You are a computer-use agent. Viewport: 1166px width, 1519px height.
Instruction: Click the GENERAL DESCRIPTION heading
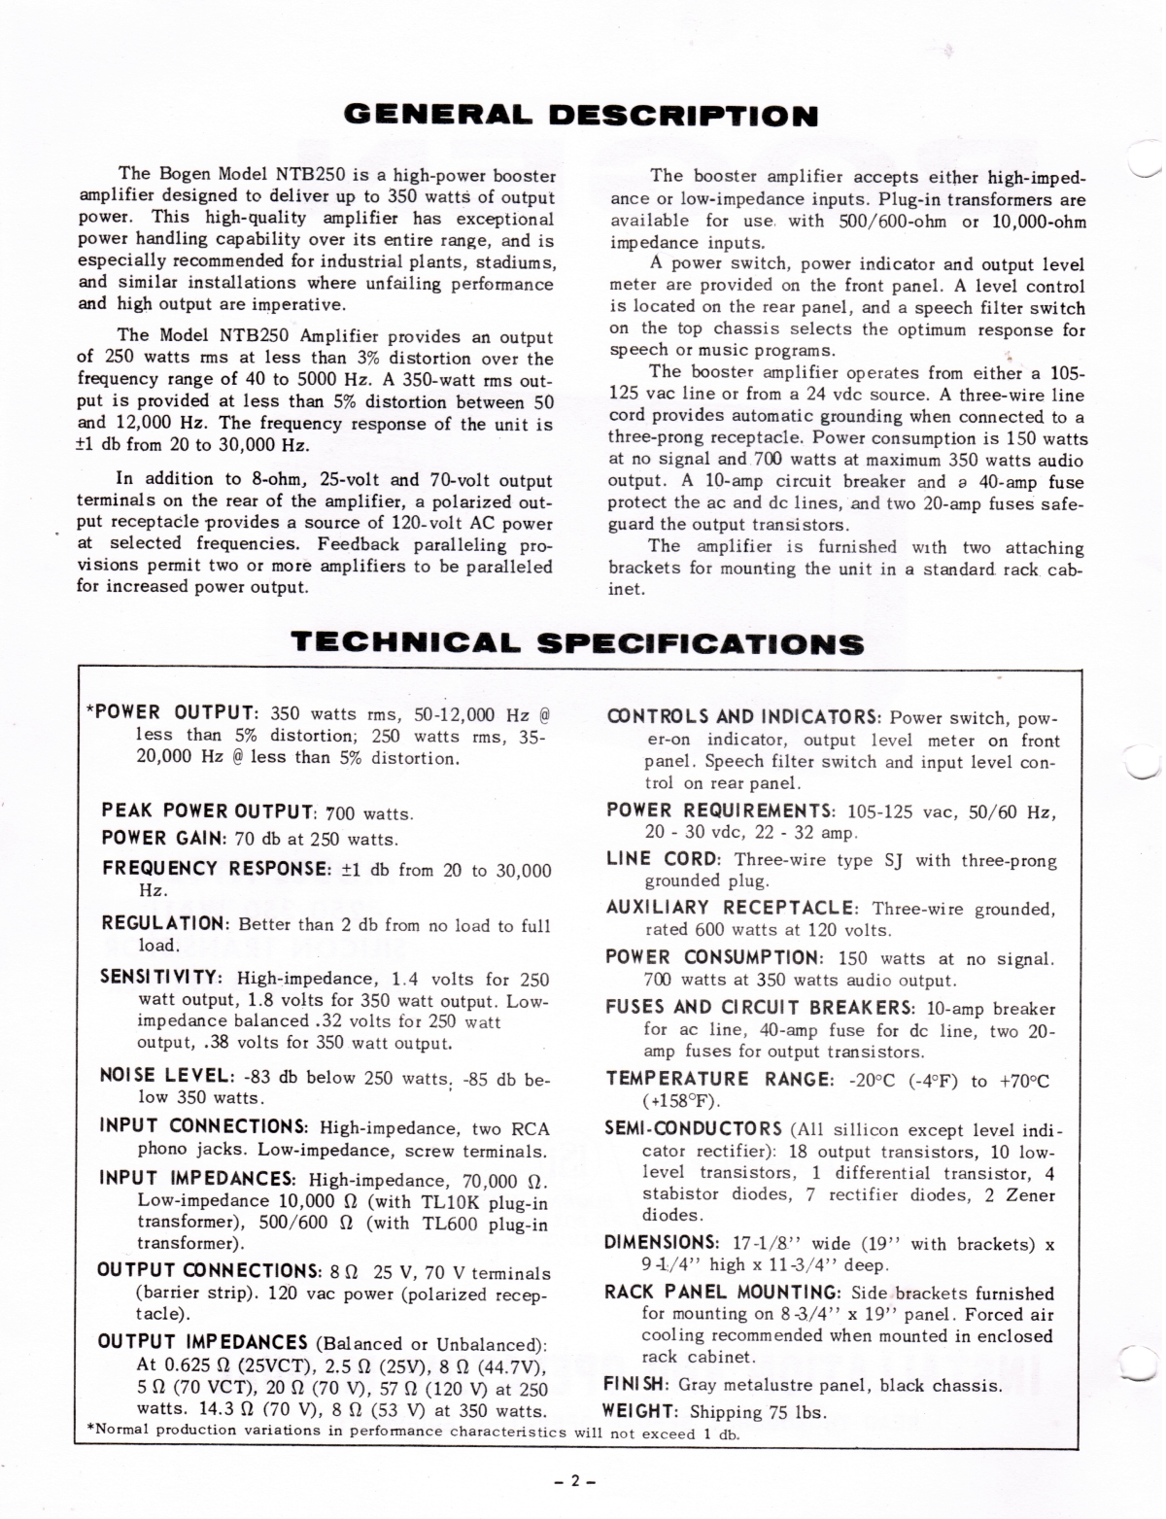pos(582,117)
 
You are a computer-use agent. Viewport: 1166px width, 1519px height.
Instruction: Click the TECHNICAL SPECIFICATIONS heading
pos(577,643)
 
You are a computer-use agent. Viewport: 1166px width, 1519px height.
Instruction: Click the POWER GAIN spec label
pos(164,839)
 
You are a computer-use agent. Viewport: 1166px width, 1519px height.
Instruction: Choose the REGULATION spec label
pos(165,923)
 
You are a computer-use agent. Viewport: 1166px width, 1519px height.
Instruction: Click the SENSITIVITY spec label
pos(163,978)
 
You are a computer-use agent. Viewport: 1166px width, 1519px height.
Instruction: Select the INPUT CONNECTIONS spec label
pos(204,1127)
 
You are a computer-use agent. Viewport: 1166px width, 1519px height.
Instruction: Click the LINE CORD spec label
pos(663,859)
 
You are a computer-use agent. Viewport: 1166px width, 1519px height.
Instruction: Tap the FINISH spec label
pos(635,1384)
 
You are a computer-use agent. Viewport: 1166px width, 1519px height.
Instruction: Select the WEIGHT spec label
pos(640,1410)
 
